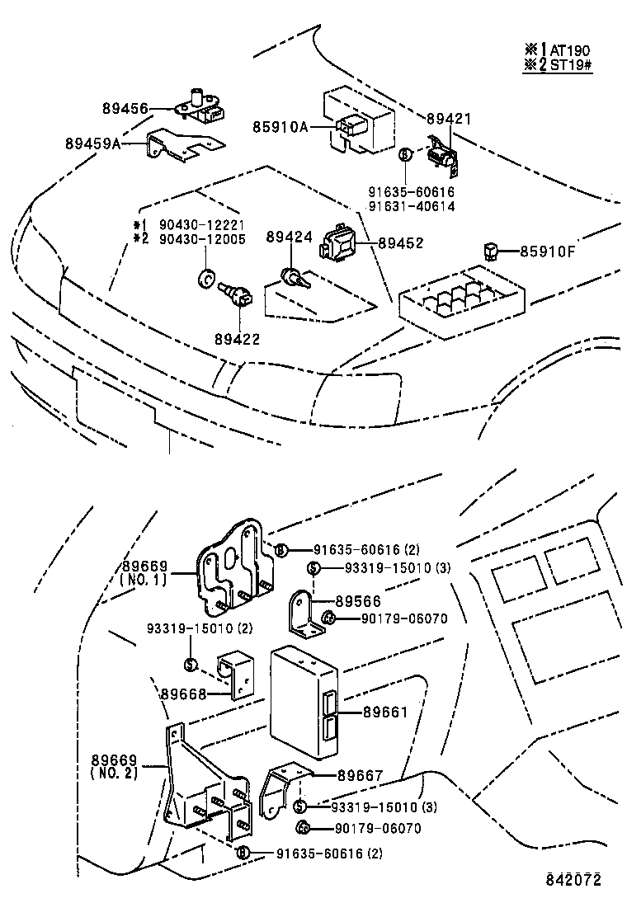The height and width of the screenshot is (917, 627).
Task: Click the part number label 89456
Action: pyautogui.click(x=125, y=108)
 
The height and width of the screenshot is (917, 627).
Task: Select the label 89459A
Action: pyautogui.click(x=93, y=143)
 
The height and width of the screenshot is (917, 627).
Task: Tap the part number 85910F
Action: pyautogui.click(x=548, y=251)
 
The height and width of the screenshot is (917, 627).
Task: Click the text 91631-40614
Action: pyautogui.click(x=412, y=206)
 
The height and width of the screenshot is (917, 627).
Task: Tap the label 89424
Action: pyautogui.click(x=289, y=237)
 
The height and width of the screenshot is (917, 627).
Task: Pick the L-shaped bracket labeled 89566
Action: pyautogui.click(x=306, y=615)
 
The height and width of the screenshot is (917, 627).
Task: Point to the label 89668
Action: pyautogui.click(x=183, y=694)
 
